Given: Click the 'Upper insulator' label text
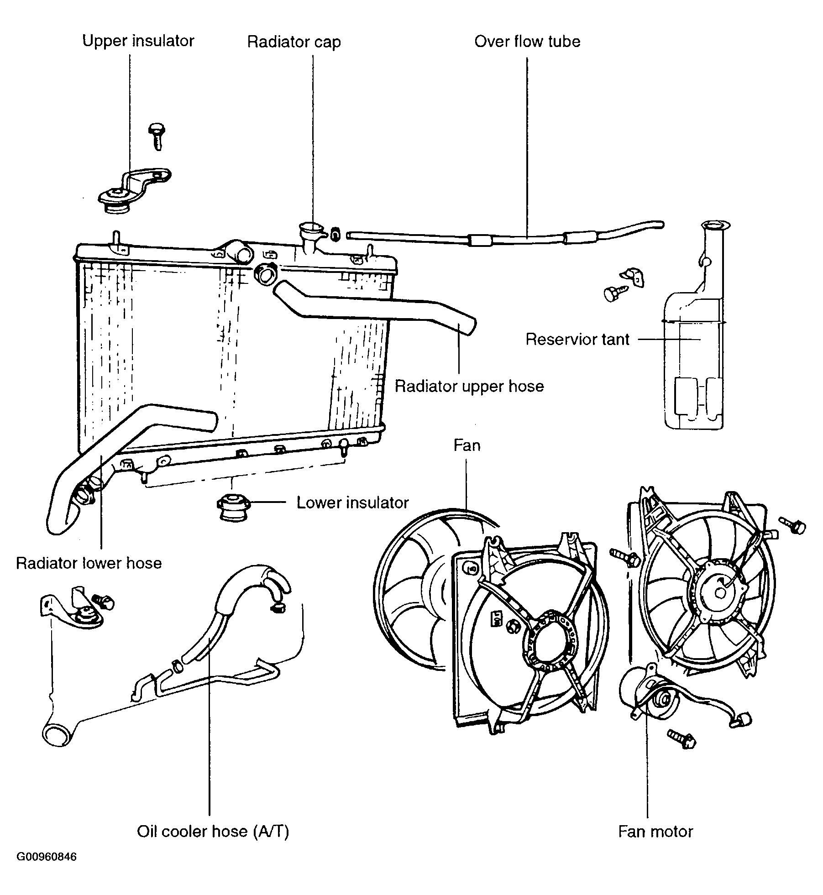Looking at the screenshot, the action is point(138,41).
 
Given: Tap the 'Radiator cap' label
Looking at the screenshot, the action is point(294,42).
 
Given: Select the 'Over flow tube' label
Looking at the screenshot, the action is point(527,42).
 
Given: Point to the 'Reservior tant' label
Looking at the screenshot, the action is point(577,339).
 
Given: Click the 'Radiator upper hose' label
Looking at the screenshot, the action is point(469,386).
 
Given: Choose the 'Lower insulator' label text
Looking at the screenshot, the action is point(352,502).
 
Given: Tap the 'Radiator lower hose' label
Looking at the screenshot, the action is point(89,563).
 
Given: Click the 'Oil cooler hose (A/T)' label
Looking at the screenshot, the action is point(213,832).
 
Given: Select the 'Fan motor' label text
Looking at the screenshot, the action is point(655,832).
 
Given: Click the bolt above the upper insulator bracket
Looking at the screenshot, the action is point(156,136).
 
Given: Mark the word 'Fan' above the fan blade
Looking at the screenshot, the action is point(467,445).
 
